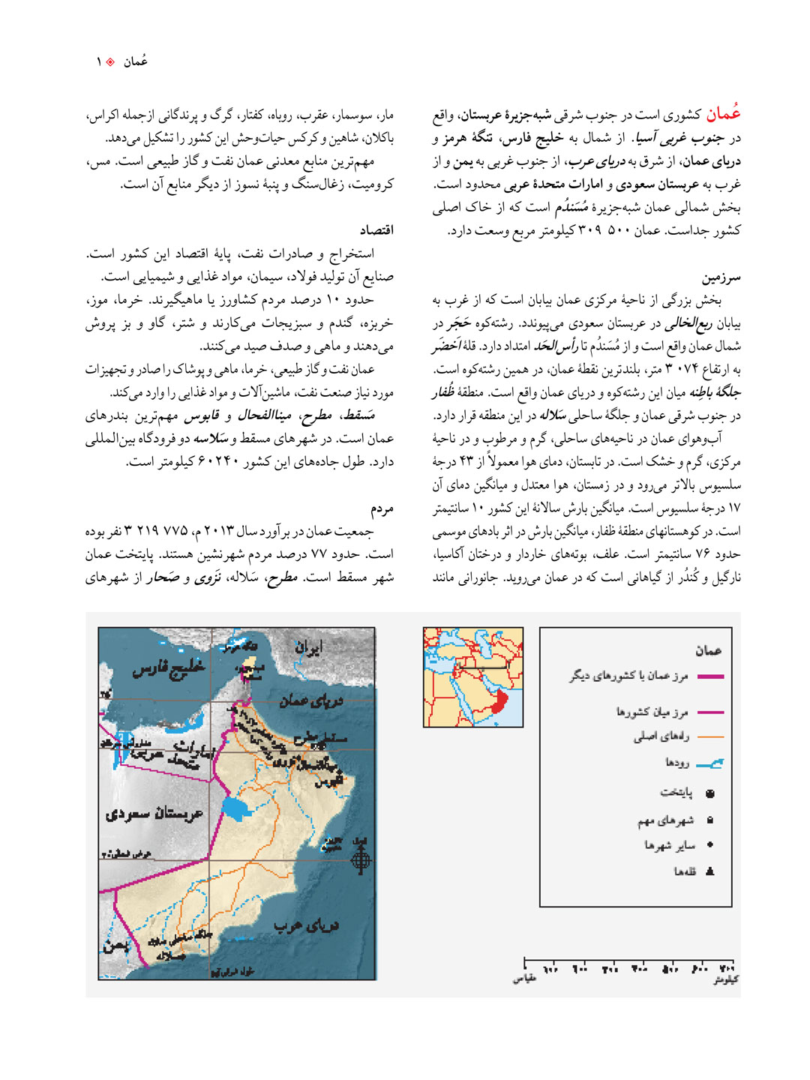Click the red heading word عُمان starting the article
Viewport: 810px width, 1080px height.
point(723,114)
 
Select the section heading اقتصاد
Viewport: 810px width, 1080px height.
point(376,230)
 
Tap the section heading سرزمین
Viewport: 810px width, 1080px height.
point(721,277)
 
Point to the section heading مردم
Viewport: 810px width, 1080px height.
point(382,508)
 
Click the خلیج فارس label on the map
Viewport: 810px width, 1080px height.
point(169,667)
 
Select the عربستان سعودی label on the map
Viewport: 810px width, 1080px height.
point(154,814)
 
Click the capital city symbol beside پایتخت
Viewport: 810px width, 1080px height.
point(710,793)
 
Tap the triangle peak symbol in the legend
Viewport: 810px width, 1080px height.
point(710,871)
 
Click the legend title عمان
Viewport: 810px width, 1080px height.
point(707,650)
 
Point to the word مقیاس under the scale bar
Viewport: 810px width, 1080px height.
point(524,979)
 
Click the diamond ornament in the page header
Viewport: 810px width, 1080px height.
point(110,62)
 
